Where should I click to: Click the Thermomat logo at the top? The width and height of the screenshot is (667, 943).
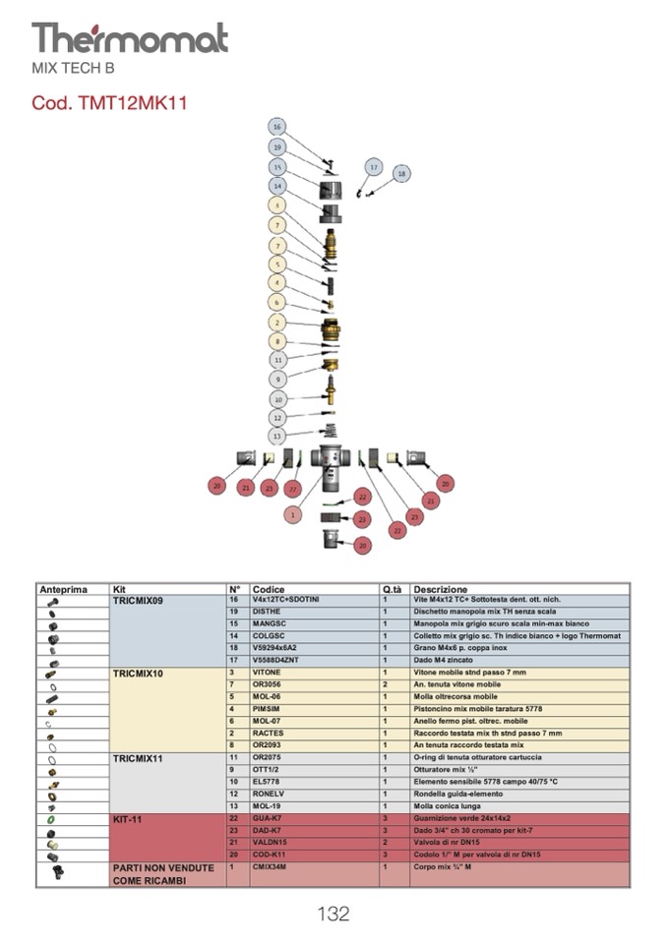click(x=129, y=38)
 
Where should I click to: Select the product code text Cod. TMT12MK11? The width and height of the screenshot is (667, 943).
click(x=109, y=102)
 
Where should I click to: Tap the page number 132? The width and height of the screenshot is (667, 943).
click(x=333, y=914)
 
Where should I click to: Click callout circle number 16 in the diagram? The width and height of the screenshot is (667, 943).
click(x=277, y=128)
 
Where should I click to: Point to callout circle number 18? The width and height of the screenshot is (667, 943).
click(x=400, y=174)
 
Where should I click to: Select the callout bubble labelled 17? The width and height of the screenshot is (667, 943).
click(x=374, y=168)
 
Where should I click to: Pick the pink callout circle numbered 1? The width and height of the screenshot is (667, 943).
click(x=291, y=514)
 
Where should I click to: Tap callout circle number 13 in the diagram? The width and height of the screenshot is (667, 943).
click(x=278, y=436)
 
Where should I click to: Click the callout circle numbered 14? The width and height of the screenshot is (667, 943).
click(x=278, y=186)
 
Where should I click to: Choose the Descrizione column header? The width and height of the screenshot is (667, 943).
click(x=441, y=589)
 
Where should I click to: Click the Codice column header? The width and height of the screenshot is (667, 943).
click(x=269, y=589)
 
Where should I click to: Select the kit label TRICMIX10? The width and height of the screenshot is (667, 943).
click(x=138, y=674)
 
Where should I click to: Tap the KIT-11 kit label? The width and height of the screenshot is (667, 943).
click(x=130, y=818)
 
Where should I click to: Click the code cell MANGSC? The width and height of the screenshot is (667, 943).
click(x=269, y=623)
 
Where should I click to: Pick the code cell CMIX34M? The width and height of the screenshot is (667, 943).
click(x=270, y=868)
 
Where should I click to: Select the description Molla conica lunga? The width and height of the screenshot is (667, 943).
click(x=449, y=805)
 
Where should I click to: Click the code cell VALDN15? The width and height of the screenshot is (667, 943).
click(x=269, y=843)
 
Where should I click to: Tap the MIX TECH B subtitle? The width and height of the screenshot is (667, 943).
click(x=74, y=68)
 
